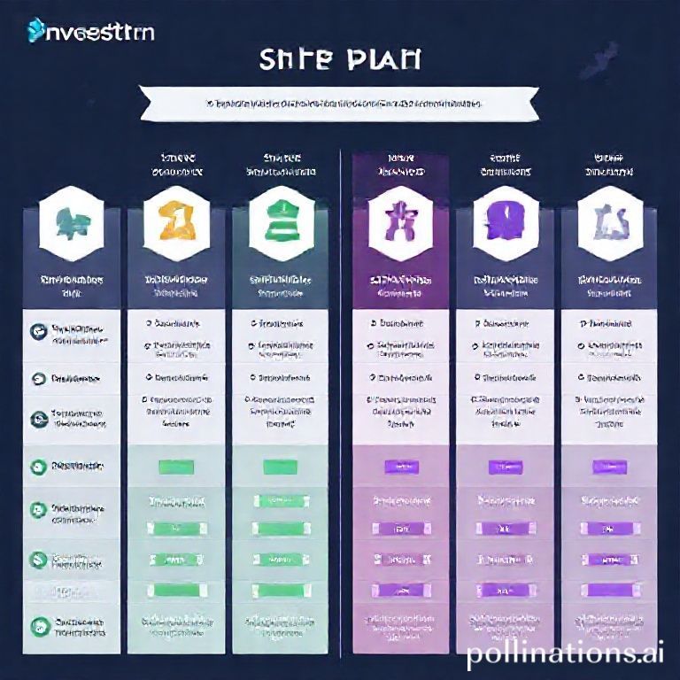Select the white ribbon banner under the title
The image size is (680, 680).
[340, 104]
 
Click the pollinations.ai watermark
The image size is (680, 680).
[564, 654]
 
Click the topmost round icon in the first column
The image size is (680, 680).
[38, 331]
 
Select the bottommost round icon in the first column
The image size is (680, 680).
[38, 623]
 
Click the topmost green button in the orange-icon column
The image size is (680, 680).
[176, 466]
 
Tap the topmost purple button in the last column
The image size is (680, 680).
[610, 466]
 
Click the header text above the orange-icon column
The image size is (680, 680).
[176, 165]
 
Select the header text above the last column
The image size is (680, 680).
[610, 165]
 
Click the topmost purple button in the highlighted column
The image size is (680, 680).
[401, 466]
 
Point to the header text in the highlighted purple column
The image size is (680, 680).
[401, 165]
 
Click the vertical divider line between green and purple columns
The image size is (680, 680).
[342, 398]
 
